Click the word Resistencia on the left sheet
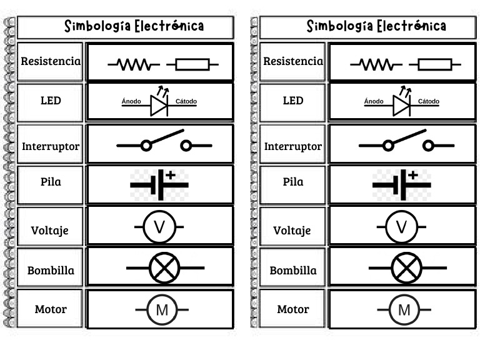tap(51, 61)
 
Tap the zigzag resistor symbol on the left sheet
tap(133, 64)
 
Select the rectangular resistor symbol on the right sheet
tap(435, 64)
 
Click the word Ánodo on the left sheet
tap(131, 101)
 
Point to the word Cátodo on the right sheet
tap(429, 101)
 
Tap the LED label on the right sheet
tap(293, 100)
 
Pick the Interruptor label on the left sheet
tap(51, 147)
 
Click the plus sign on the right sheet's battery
tap(412, 175)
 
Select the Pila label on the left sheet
tap(51, 182)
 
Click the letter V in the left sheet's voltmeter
tap(159, 227)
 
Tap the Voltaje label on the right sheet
tap(292, 230)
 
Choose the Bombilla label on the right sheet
tap(293, 271)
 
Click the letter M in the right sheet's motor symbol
tap(404, 310)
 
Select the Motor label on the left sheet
tap(51, 309)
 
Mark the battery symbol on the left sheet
tap(159, 184)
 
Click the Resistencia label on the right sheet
tap(293, 61)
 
